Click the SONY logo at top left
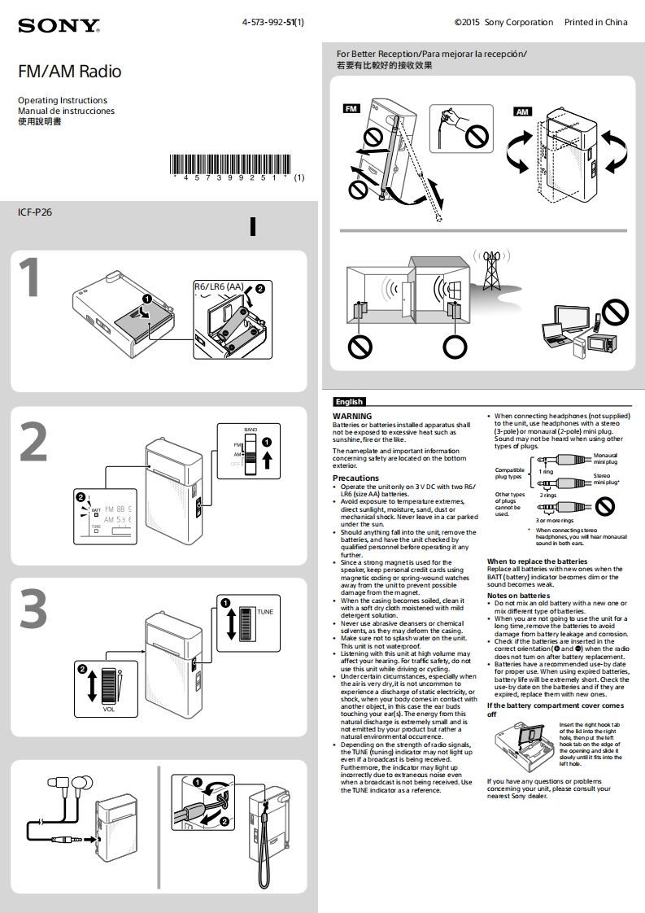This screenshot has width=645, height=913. [x=59, y=27]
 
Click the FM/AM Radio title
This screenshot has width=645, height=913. [x=69, y=72]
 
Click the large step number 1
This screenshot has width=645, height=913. [x=29, y=279]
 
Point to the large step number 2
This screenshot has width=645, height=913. [x=33, y=443]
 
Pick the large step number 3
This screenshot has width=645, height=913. [x=33, y=609]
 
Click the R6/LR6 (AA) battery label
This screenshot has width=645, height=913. [x=218, y=286]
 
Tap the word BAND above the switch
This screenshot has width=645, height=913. [x=251, y=429]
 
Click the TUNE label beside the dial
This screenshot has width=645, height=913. [x=265, y=610]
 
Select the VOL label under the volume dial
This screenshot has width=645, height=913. [x=108, y=709]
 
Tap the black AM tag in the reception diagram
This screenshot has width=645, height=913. [x=521, y=111]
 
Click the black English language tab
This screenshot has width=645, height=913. [x=349, y=401]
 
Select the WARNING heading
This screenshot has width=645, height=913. [x=352, y=416]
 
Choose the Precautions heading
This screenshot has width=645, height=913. [x=355, y=478]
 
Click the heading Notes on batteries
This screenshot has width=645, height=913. [x=518, y=596]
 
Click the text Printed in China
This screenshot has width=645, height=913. [x=595, y=23]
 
